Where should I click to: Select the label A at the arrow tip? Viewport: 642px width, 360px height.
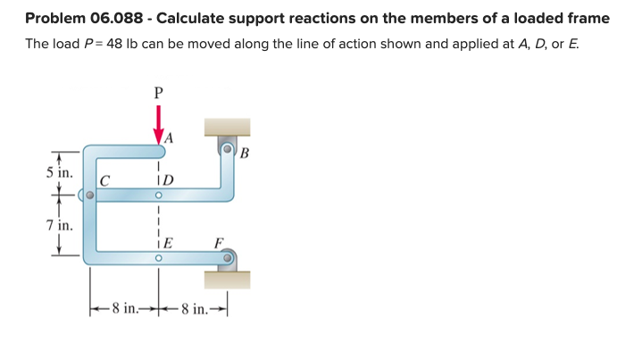(x=169, y=137)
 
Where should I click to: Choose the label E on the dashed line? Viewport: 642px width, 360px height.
(x=167, y=242)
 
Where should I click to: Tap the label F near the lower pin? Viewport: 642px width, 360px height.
(x=219, y=241)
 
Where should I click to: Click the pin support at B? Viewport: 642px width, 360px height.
(x=229, y=149)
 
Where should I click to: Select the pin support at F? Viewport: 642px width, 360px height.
(x=229, y=259)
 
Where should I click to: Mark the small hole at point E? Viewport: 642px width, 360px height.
(x=158, y=258)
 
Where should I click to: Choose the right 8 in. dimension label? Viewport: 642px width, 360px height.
(x=194, y=310)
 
